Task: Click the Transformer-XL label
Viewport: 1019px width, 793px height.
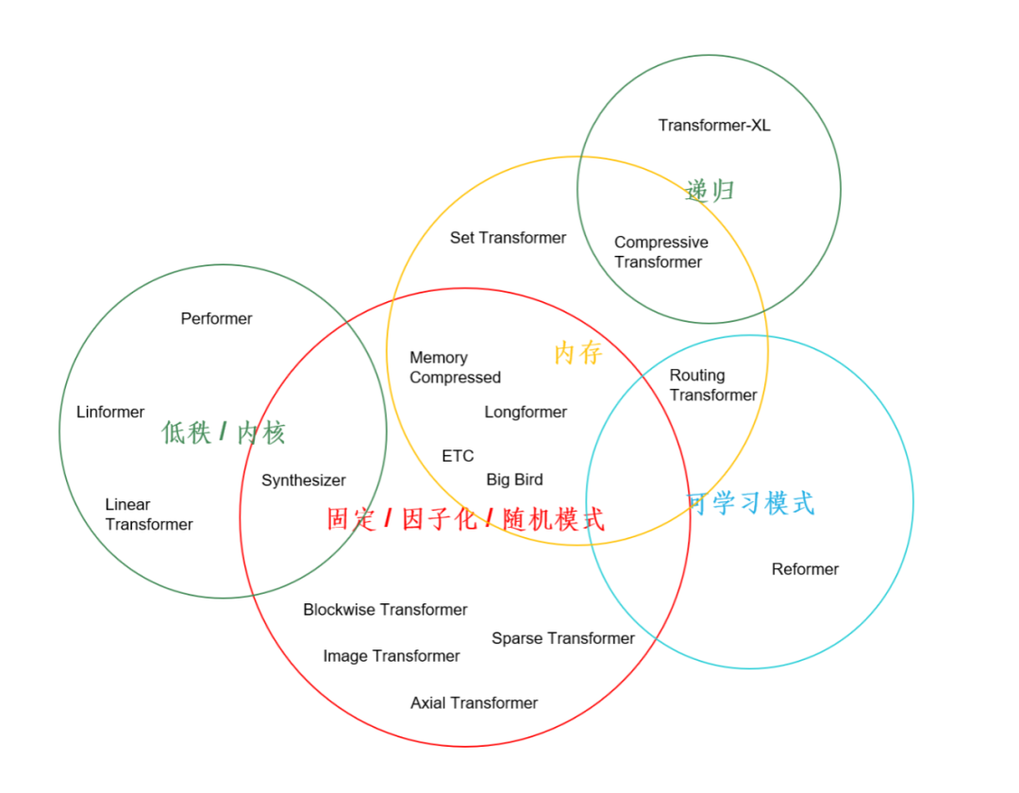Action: click(x=714, y=126)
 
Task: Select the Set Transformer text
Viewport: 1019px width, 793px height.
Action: click(x=508, y=238)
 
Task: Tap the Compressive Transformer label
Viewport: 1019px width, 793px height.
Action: click(x=660, y=252)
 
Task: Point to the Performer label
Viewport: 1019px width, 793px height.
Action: click(x=216, y=318)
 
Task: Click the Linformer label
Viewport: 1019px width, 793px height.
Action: click(x=110, y=413)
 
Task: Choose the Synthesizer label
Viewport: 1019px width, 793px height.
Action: click(x=304, y=481)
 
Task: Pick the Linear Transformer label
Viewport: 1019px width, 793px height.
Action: click(x=149, y=515)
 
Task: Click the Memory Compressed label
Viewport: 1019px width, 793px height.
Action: click(x=455, y=367)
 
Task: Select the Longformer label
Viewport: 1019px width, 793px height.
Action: click(x=526, y=413)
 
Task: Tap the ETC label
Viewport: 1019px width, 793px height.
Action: click(x=458, y=456)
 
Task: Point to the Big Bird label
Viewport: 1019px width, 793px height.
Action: click(x=515, y=480)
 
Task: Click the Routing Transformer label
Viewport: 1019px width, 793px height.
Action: click(x=713, y=385)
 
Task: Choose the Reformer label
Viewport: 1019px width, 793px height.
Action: click(x=805, y=569)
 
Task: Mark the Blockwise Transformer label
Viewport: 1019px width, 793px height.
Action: click(x=385, y=610)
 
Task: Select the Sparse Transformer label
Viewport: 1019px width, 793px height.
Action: click(x=562, y=638)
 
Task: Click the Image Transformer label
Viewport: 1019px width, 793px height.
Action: click(x=392, y=656)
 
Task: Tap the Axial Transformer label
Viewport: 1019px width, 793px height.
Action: click(x=474, y=703)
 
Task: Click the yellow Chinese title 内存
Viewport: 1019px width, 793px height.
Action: click(x=578, y=353)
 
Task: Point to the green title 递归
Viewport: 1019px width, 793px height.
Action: click(x=710, y=191)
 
